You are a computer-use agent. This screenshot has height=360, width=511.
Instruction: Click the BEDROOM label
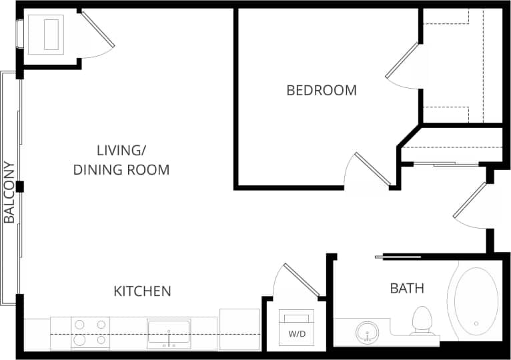tap(322, 90)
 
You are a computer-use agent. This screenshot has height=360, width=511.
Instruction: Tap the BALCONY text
tap(9, 192)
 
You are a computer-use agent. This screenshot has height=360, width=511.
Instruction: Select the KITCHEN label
tap(142, 291)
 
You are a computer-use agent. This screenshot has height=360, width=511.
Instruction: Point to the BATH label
tap(407, 289)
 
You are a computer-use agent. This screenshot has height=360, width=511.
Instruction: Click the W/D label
tap(297, 334)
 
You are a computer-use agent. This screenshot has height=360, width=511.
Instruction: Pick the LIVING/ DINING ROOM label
tap(121, 159)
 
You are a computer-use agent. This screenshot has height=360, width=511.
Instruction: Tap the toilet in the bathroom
tap(422, 320)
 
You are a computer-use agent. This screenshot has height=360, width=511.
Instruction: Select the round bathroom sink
tap(367, 331)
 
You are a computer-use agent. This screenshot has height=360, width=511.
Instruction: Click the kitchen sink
tap(169, 332)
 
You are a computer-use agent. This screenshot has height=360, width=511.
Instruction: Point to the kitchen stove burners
tap(90, 332)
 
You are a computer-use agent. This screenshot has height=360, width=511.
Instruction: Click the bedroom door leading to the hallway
tap(372, 169)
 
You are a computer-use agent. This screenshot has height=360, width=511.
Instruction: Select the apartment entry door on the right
tap(470, 199)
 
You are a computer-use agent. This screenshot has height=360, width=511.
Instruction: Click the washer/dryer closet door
tap(301, 280)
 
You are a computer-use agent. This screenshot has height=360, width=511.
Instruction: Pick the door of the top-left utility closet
tap(97, 29)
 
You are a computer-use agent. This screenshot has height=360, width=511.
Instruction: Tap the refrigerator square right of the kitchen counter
tap(239, 329)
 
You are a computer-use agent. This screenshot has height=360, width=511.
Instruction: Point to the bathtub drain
tap(476, 323)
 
